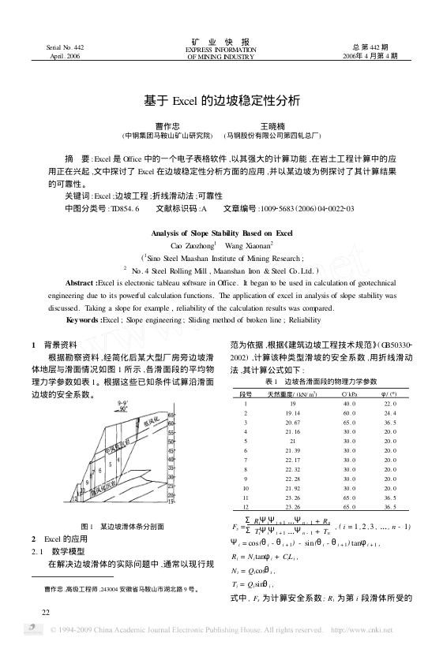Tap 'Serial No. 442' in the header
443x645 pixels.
coord(66,47)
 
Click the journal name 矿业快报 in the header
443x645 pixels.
coord(221,41)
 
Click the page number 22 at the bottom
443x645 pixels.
coord(47,611)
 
